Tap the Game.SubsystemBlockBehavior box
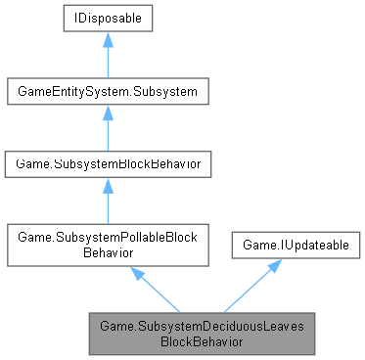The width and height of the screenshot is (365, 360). pyautogui.click(x=104, y=163)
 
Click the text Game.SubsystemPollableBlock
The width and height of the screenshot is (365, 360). pyautogui.click(x=104, y=236)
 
